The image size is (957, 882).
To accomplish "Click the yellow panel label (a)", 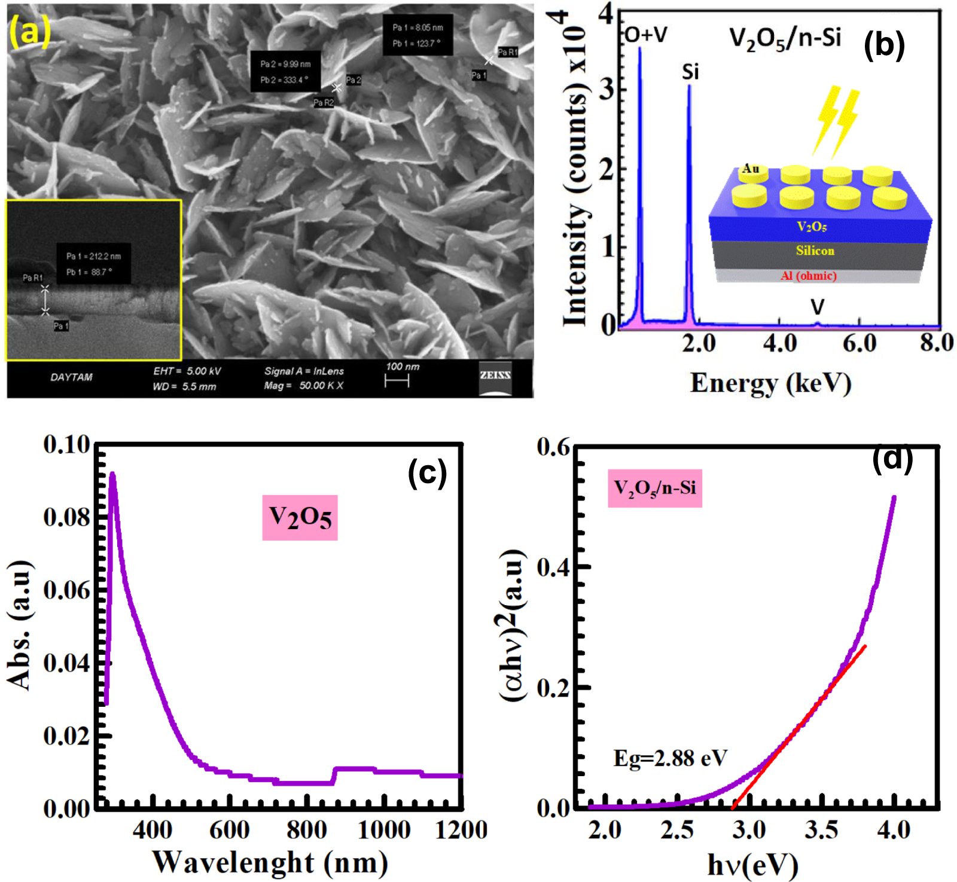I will click(29, 31).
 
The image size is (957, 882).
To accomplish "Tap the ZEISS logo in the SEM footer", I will click(495, 377).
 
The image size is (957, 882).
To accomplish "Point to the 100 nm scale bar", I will click(397, 382).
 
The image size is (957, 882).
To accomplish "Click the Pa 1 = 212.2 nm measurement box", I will click(93, 264).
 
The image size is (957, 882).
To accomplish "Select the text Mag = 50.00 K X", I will click(304, 386).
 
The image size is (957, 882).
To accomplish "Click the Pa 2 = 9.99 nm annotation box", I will click(285, 72).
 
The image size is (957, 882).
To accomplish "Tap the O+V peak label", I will click(646, 35).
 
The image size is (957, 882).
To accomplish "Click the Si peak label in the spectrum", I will click(690, 72).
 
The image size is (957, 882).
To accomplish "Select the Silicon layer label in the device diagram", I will click(815, 251).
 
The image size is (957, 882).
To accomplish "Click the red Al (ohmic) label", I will click(809, 276).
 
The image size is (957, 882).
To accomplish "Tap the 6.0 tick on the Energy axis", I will click(860, 343).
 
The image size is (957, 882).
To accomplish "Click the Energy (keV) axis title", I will click(770, 383).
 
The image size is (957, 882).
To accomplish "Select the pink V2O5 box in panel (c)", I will click(300, 517).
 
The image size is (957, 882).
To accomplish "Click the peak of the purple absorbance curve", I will click(112, 476).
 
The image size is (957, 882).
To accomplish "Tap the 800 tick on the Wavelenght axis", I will click(306, 830).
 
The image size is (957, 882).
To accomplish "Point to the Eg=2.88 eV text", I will click(670, 758).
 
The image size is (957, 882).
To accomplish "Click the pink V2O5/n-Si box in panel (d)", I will click(655, 489).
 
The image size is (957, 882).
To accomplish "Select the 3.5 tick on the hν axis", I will click(821, 830).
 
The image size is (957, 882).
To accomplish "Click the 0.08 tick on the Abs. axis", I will click(66, 517).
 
